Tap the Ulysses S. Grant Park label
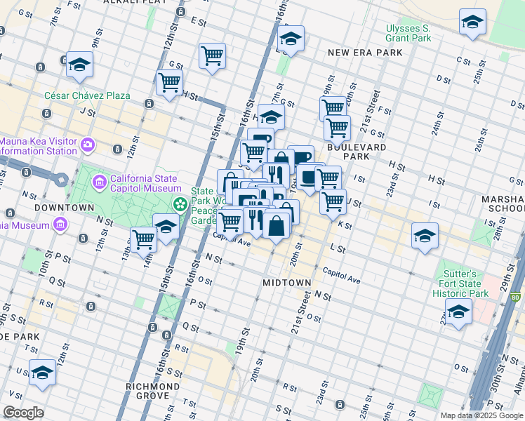(x=408, y=34)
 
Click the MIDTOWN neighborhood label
(x=286, y=282)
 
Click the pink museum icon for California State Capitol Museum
(x=100, y=182)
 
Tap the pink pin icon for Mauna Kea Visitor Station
(x=88, y=145)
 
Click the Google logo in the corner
(x=23, y=413)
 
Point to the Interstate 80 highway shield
(x=517, y=298)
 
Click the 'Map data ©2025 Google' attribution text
(x=481, y=415)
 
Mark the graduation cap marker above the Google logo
(x=42, y=373)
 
